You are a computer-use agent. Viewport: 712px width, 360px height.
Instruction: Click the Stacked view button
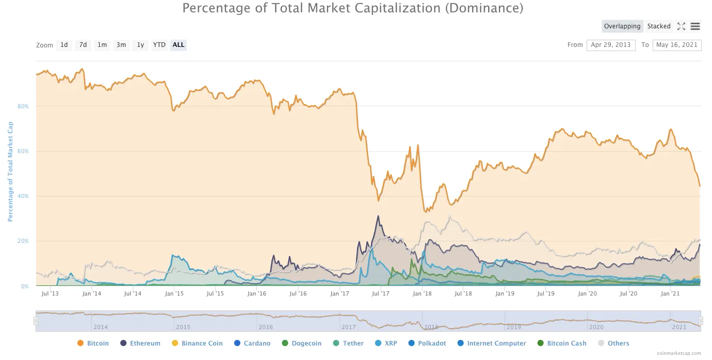click(659, 26)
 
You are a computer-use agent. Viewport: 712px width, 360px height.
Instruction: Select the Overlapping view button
click(622, 26)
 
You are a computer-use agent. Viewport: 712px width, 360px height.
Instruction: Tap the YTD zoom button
click(159, 45)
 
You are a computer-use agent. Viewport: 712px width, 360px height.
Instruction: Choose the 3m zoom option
click(121, 45)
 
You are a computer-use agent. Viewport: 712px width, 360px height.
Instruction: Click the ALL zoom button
click(179, 45)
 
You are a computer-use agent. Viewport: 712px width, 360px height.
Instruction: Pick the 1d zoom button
click(64, 45)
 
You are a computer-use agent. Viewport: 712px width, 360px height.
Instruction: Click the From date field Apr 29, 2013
click(611, 45)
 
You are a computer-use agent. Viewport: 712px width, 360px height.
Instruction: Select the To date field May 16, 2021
click(676, 45)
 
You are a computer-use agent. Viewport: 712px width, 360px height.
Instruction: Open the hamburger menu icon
click(695, 26)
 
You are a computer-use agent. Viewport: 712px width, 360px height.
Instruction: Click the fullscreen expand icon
click(681, 26)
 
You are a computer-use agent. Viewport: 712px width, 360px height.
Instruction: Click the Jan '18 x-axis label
click(422, 293)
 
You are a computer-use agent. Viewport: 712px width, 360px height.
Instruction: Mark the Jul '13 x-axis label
click(50, 293)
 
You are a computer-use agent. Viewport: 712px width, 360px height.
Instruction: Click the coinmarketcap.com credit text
click(679, 353)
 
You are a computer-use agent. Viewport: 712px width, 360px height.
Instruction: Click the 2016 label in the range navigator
click(266, 327)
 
